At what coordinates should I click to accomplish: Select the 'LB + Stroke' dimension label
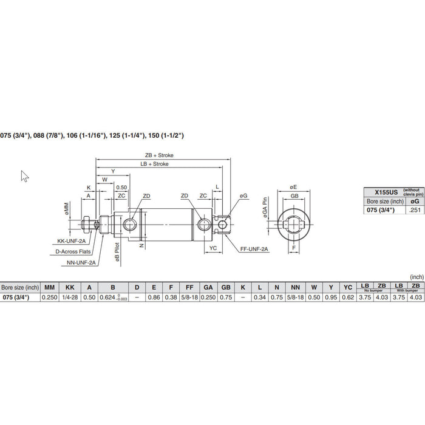154,164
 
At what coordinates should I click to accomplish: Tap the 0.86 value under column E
154,297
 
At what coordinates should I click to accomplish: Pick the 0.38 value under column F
172,297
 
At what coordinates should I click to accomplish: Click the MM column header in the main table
49,287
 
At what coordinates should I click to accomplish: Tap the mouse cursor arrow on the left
25,176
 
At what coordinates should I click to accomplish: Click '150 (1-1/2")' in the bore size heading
163,135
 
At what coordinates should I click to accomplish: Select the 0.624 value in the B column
110,297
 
